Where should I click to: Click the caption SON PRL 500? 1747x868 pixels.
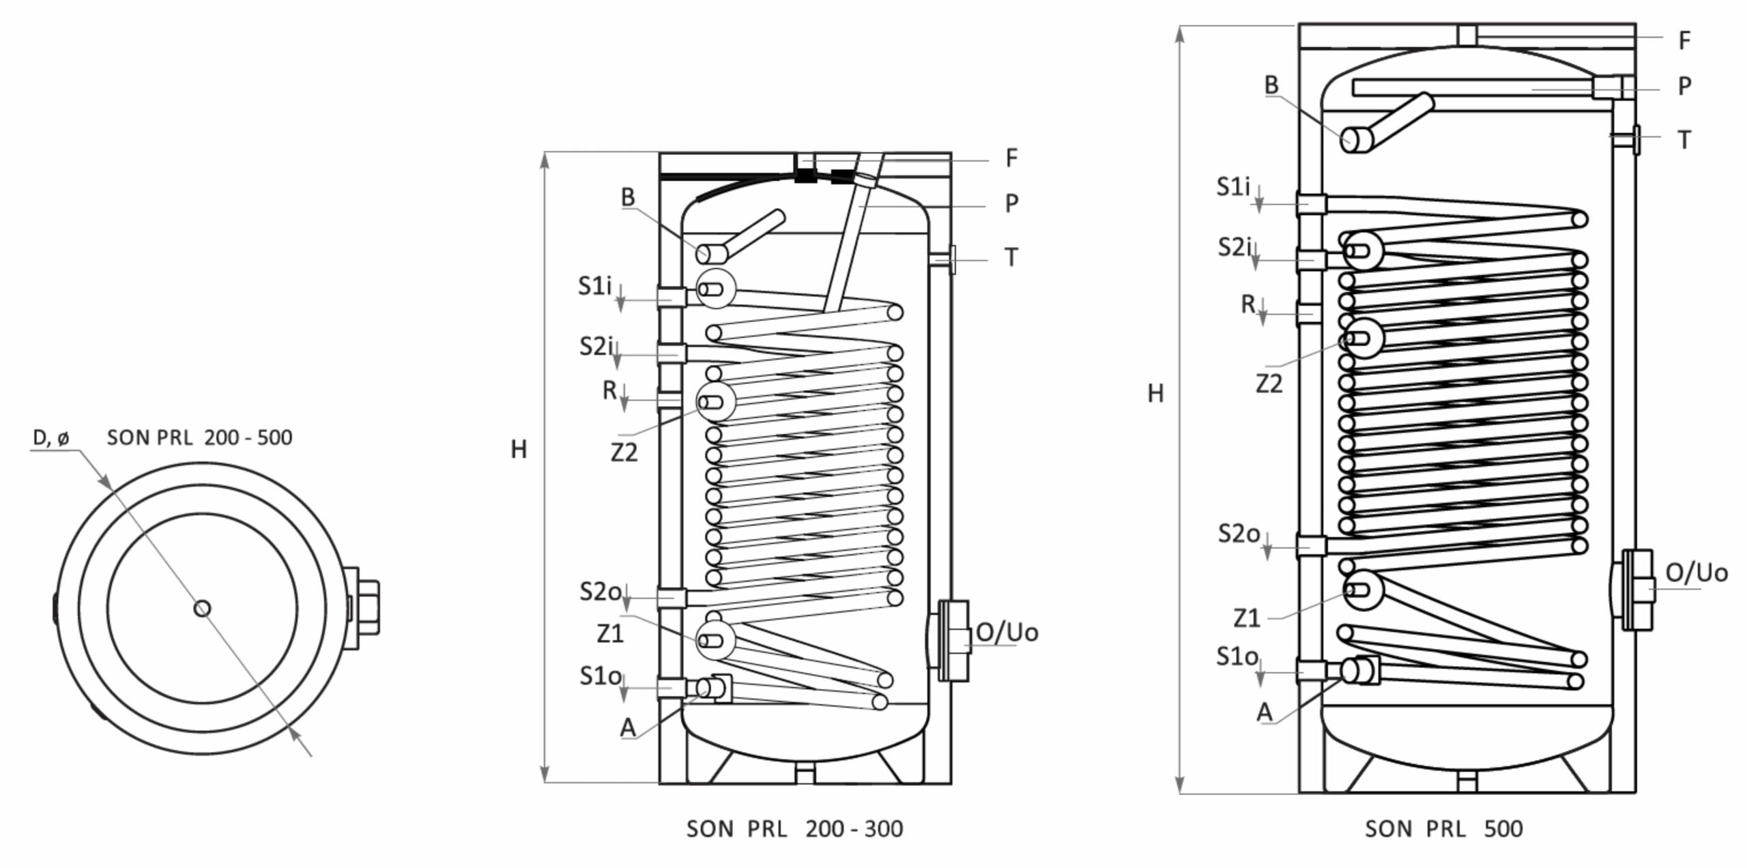pyautogui.click(x=1443, y=828)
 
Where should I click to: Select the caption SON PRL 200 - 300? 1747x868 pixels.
pyautogui.click(x=794, y=828)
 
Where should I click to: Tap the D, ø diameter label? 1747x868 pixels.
pyautogui.click(x=51, y=438)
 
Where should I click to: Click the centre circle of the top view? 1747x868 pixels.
pyautogui.click(x=202, y=607)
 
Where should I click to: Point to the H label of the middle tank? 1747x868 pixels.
pyautogui.click(x=519, y=450)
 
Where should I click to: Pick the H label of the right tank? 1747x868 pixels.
pyautogui.click(x=1155, y=394)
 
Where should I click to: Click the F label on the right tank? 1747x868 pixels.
pyautogui.click(x=1684, y=41)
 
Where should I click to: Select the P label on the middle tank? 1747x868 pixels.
pyautogui.click(x=1012, y=203)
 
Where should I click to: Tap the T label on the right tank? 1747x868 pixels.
pyautogui.click(x=1684, y=141)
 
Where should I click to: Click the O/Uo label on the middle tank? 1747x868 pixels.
pyautogui.click(x=1007, y=633)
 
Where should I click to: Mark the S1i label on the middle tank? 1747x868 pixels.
pyautogui.click(x=594, y=286)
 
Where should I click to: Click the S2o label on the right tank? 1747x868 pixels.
pyautogui.click(x=1239, y=534)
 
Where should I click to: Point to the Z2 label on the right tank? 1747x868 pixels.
pyautogui.click(x=1269, y=385)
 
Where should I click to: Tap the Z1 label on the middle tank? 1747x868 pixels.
pyautogui.click(x=610, y=634)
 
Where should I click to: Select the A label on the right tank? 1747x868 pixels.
pyautogui.click(x=1265, y=712)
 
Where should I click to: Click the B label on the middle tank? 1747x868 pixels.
pyautogui.click(x=628, y=197)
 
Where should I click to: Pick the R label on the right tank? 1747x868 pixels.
pyautogui.click(x=1247, y=304)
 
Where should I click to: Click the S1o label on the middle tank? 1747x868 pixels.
pyautogui.click(x=601, y=676)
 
